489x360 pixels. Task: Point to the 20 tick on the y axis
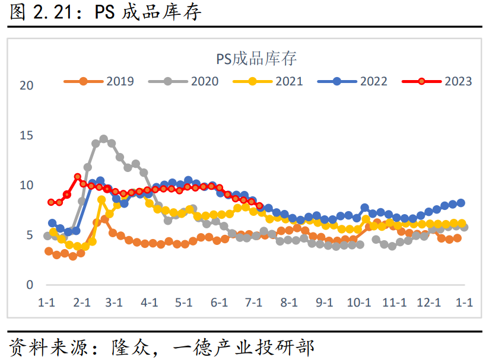(27, 85)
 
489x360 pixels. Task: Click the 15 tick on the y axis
(27, 135)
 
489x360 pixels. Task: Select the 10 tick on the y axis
(27, 186)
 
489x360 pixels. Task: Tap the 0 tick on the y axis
(30, 285)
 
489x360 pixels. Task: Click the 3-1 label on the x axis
(114, 302)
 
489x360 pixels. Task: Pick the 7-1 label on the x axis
(254, 302)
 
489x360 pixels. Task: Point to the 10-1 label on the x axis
(358, 302)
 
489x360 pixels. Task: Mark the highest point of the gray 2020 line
(104, 139)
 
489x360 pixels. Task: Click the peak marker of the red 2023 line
(78, 177)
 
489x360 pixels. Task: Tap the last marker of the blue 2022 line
(461, 203)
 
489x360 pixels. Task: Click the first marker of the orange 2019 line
(49, 251)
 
